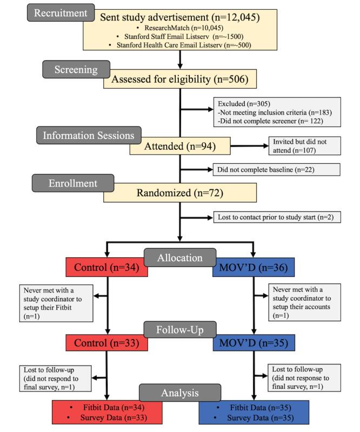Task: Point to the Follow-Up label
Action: click(x=181, y=329)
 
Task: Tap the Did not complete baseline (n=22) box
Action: click(x=276, y=170)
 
